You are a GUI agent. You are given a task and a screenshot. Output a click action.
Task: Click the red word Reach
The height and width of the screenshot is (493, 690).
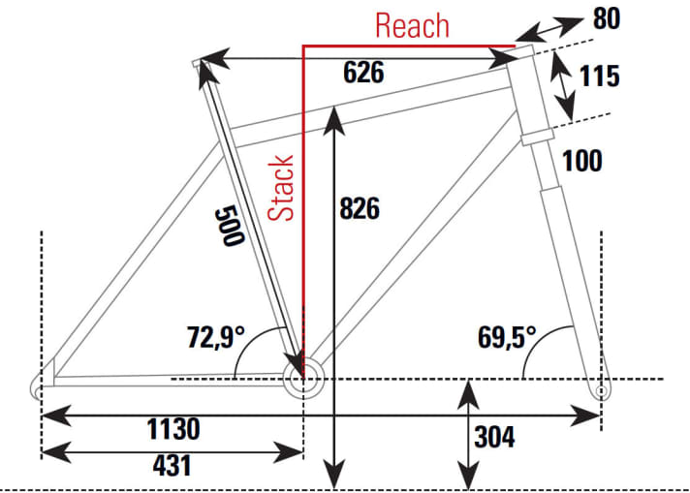412,25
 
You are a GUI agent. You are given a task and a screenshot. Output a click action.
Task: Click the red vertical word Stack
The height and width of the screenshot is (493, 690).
281,188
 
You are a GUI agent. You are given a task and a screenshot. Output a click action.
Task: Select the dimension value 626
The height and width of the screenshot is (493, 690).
363,73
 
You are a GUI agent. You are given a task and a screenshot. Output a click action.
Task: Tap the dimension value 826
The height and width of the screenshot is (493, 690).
360,208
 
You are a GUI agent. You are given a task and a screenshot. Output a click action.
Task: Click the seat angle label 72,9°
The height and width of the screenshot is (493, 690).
216,338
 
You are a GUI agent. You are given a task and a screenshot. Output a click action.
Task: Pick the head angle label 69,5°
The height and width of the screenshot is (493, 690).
507,338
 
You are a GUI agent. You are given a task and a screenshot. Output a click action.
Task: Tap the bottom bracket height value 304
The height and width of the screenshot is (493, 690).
495,437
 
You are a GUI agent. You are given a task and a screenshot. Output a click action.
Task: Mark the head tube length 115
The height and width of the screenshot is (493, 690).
601,76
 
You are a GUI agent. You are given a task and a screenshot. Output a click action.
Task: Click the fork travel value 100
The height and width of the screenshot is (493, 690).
581,161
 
